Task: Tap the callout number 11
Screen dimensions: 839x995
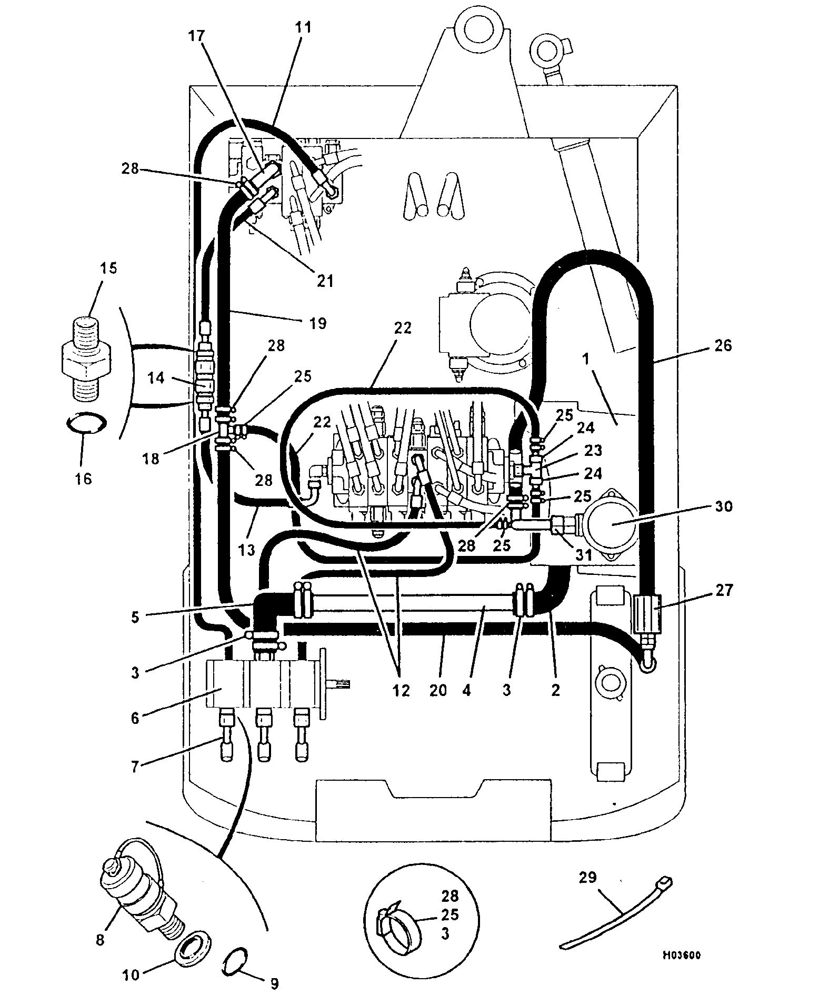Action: pos(303,27)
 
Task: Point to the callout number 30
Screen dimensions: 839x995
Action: pos(724,506)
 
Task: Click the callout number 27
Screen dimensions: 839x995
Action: pos(724,590)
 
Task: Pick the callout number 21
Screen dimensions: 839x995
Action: pos(325,281)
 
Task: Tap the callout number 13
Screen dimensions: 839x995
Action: pos(246,551)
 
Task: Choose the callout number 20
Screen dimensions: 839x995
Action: pos(438,690)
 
